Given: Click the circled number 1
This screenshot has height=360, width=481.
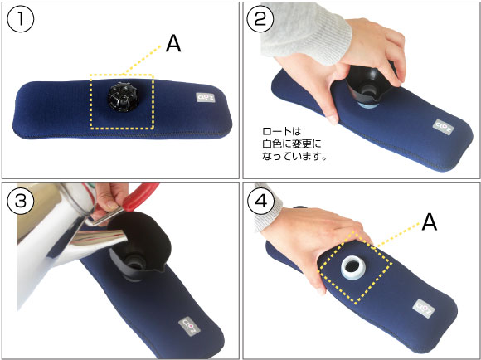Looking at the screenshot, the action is tap(20, 19).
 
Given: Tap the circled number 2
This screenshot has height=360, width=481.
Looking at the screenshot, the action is tap(260, 19).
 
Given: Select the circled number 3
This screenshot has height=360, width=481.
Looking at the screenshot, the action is tap(20, 201).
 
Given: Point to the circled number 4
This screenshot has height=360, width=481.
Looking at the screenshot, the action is tap(260, 201).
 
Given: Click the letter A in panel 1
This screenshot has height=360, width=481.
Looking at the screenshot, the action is tap(173, 44).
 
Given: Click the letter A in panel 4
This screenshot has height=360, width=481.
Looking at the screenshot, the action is tap(429, 222).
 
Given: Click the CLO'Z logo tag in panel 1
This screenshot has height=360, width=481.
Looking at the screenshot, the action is tap(206, 97).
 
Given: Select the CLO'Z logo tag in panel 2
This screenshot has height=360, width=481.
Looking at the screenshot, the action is tap(444, 127).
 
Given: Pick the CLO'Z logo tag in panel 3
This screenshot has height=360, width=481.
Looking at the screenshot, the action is tap(189, 327).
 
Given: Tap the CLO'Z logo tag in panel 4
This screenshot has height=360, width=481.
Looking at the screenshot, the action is tap(424, 308).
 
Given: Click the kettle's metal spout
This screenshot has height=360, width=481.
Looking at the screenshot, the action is tap(103, 237).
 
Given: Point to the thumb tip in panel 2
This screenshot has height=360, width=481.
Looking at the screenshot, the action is tap(333, 119).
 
